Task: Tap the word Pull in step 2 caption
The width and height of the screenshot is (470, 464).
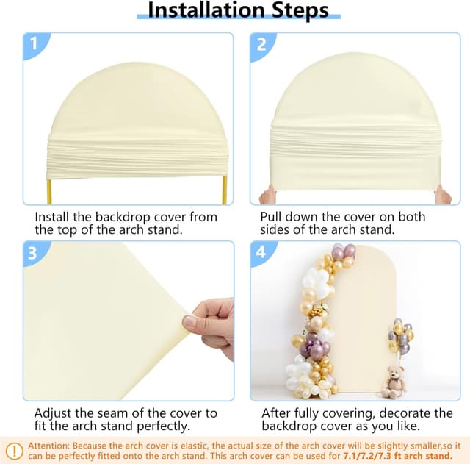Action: click(x=272, y=218)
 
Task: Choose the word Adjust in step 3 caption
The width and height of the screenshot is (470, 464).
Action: click(x=54, y=413)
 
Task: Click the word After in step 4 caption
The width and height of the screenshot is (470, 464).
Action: click(x=276, y=413)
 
